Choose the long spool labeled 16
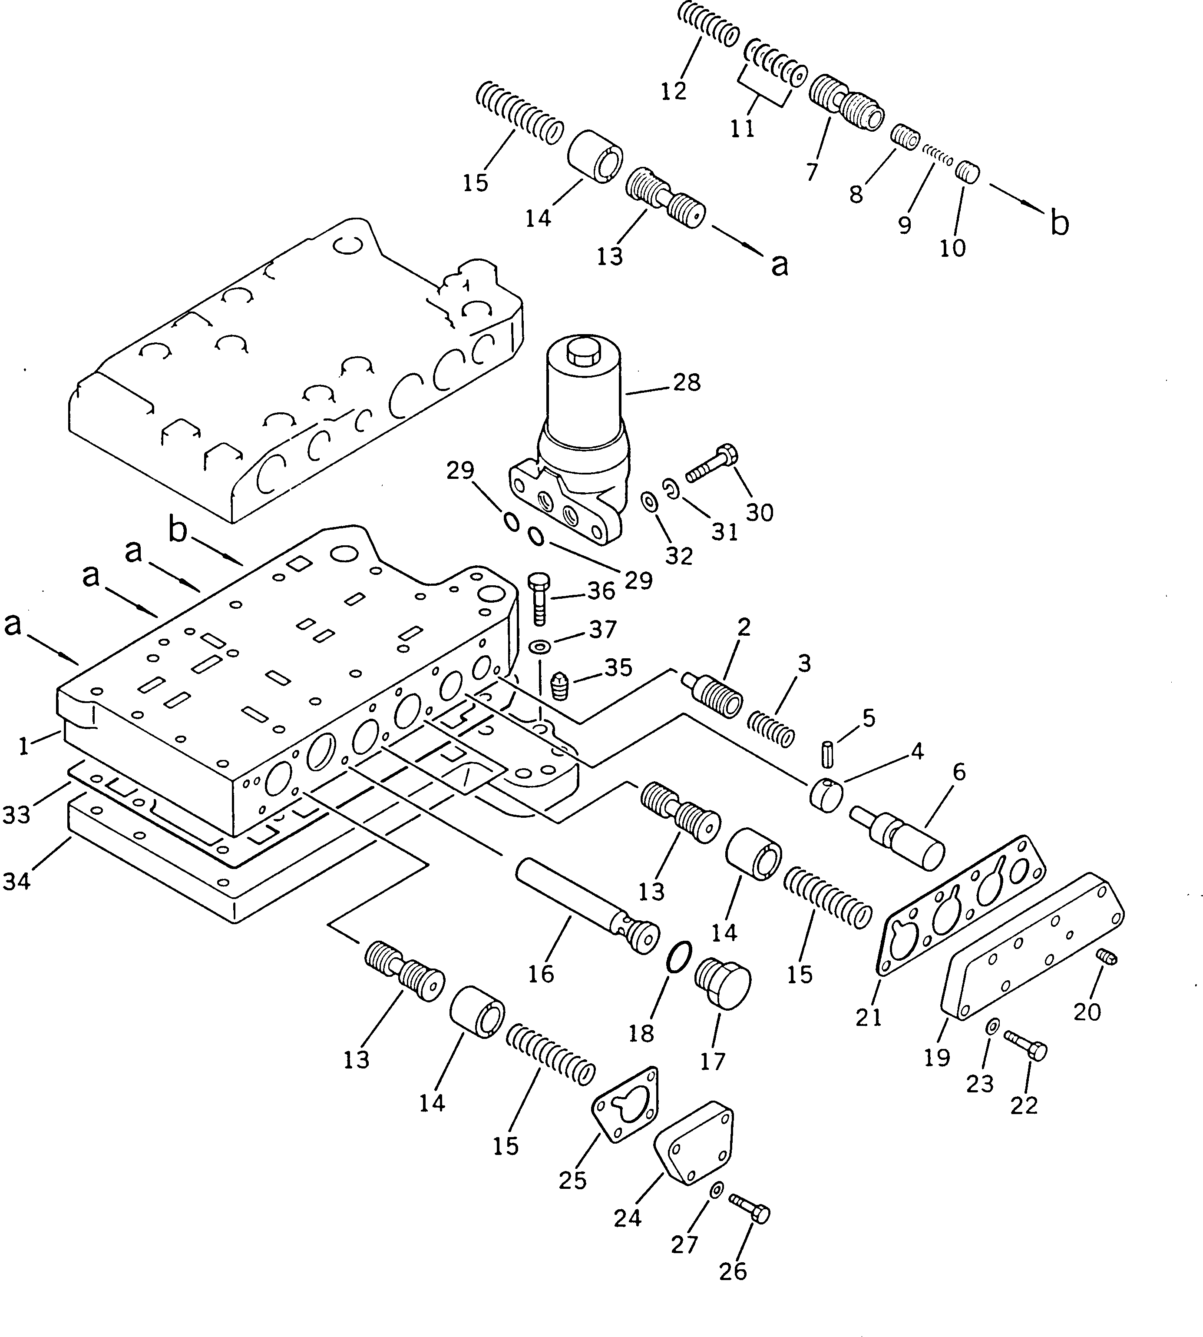[585, 905]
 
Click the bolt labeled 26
[750, 1212]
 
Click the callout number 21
[869, 1017]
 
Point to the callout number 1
[24, 746]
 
